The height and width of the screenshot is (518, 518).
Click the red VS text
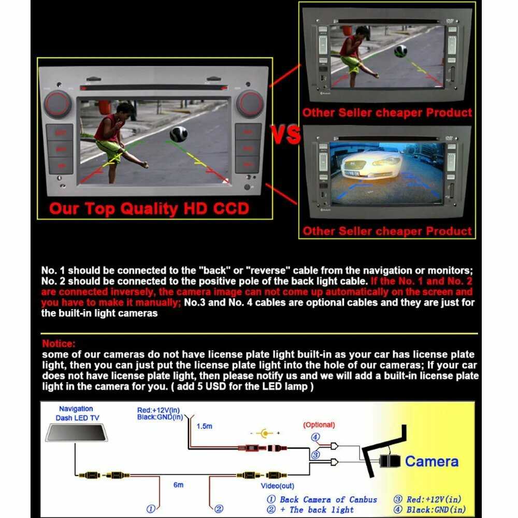[x=286, y=135]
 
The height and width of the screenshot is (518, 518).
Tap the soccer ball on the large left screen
[x=178, y=134]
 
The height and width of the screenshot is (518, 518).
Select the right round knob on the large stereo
[x=250, y=104]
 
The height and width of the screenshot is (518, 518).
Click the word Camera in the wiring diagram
[x=431, y=462]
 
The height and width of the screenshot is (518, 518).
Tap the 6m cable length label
[x=178, y=485]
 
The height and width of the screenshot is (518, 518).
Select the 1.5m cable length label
[x=204, y=426]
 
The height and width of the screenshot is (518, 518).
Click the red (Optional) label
[x=319, y=425]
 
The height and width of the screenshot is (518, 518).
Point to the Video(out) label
[x=278, y=486]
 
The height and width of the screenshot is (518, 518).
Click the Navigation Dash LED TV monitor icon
[x=77, y=433]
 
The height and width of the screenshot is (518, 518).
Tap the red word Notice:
[x=59, y=343]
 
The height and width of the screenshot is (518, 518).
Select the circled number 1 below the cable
[x=151, y=509]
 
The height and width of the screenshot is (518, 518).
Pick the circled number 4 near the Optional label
[x=315, y=437]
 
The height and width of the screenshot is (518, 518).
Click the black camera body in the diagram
[x=390, y=462]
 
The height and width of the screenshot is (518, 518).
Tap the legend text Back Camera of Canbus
[x=328, y=499]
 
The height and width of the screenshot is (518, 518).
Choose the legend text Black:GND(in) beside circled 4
[x=436, y=510]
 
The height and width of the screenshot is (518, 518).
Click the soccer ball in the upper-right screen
[x=400, y=51]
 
